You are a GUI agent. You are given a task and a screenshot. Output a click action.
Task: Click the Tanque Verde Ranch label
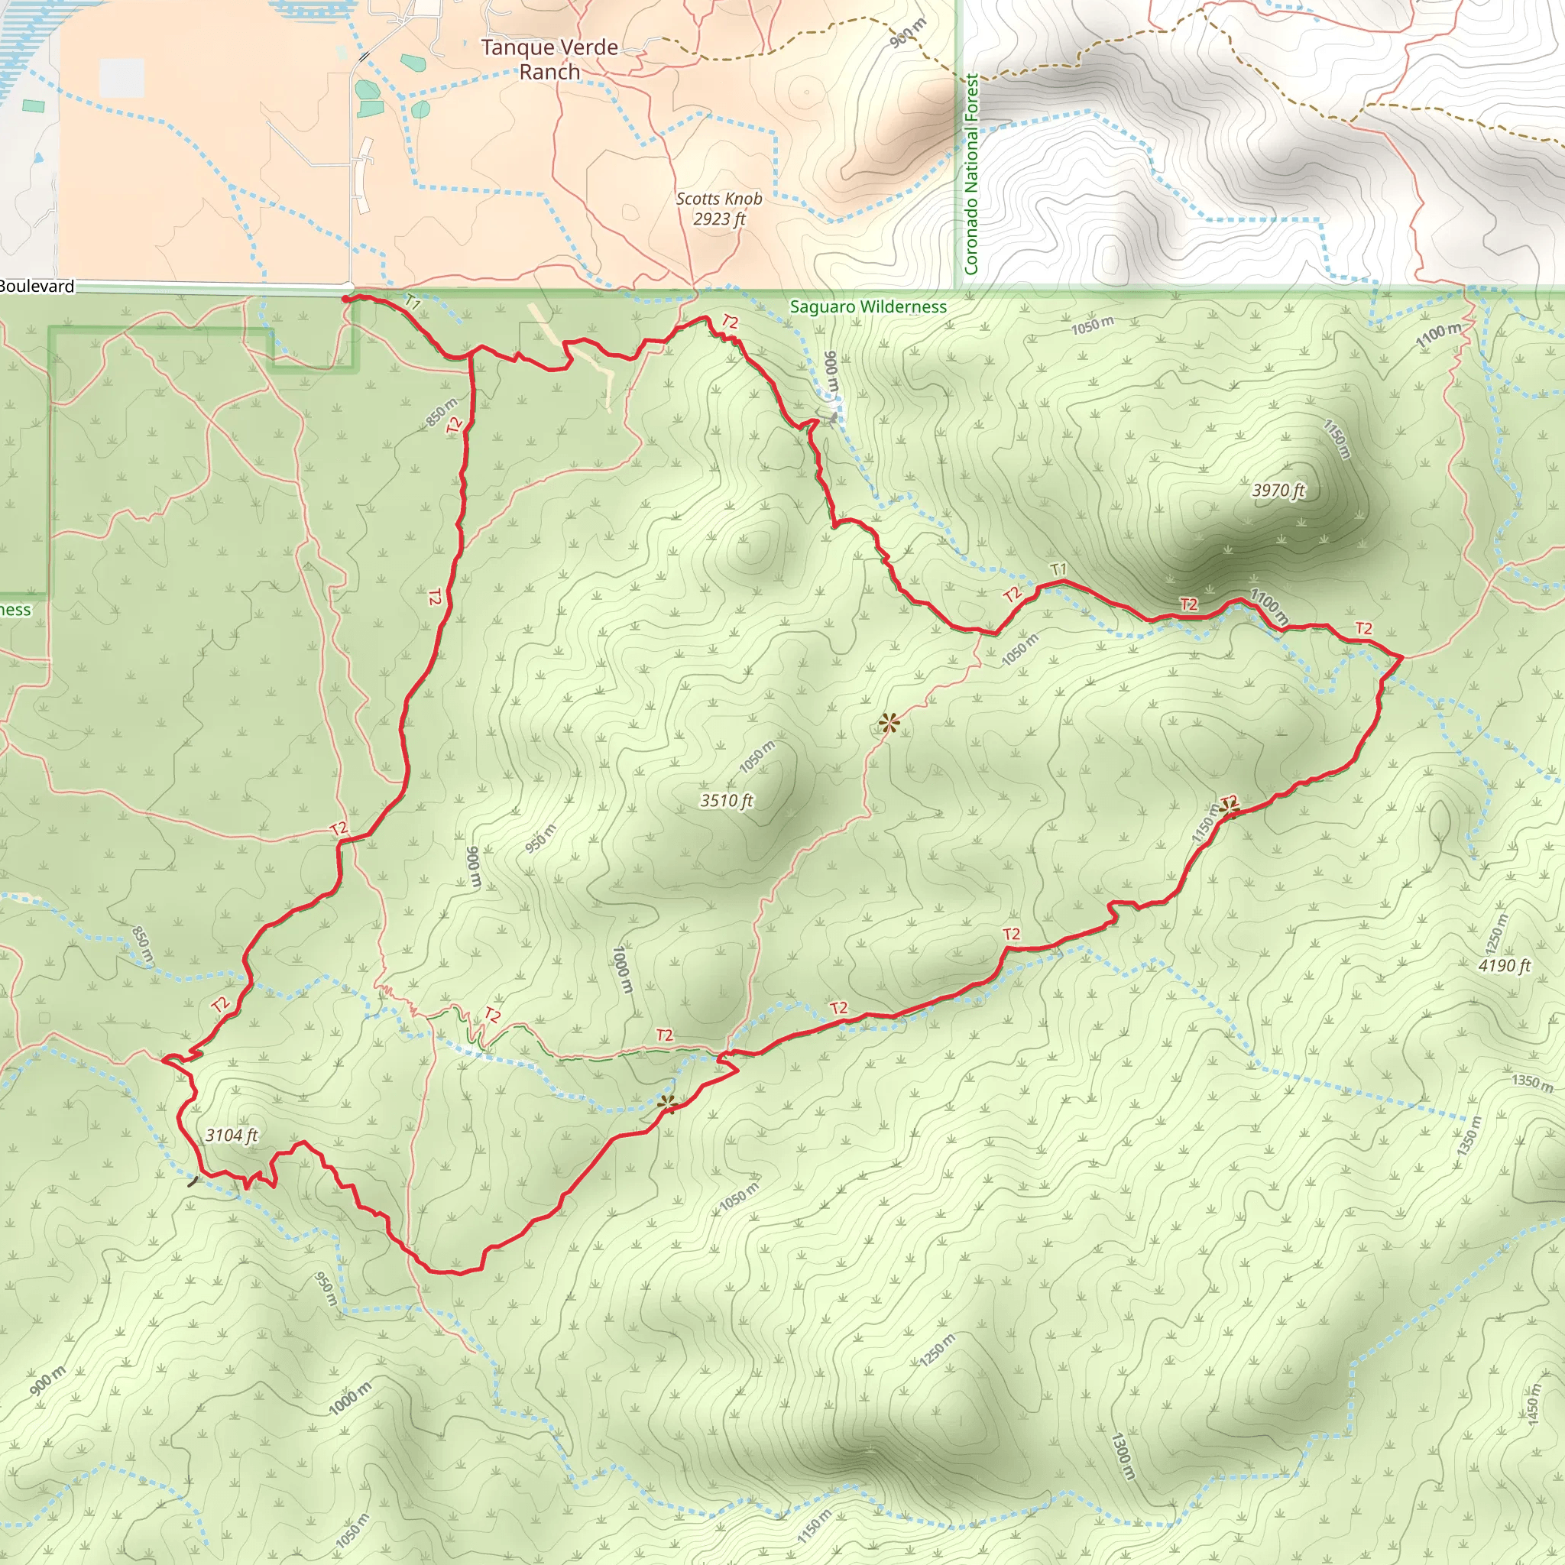tap(549, 59)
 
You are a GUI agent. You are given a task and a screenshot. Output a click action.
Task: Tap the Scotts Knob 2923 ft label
tap(718, 208)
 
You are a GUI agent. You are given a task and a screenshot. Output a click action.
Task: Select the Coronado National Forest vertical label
tap(971, 174)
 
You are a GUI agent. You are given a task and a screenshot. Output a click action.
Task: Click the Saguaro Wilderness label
tap(867, 307)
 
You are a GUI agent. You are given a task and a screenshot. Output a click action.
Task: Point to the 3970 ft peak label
tap(1278, 490)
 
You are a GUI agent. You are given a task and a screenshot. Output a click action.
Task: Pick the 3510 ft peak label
tap(726, 800)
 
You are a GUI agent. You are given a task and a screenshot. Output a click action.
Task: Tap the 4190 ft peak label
tap(1504, 965)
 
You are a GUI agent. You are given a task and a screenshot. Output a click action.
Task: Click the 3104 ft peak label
tap(231, 1135)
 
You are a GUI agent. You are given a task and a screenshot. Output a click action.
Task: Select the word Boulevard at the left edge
tap(37, 286)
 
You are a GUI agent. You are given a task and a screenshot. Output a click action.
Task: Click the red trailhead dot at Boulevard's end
tap(346, 299)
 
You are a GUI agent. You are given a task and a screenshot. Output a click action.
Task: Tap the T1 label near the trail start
tap(413, 303)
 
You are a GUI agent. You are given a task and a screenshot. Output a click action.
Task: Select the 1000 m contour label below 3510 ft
tap(621, 970)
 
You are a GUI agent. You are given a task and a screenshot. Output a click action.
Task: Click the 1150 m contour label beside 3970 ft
tap(1337, 439)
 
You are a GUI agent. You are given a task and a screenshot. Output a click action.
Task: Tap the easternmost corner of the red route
tap(1402, 658)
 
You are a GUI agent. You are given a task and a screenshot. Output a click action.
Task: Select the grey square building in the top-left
tap(122, 79)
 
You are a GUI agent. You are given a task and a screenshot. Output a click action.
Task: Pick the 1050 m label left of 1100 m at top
tap(1093, 326)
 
